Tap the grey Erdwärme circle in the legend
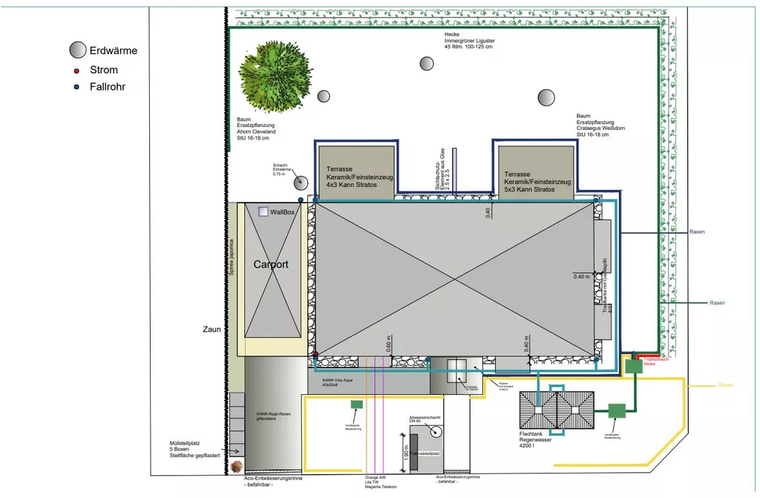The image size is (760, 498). [x=78, y=50]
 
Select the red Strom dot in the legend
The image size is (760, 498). [x=76, y=71]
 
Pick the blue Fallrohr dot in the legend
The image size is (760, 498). [x=76, y=87]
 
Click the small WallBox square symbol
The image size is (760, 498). [x=263, y=212]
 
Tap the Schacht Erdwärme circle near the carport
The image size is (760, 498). [x=301, y=183]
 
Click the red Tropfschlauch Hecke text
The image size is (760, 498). [x=656, y=361]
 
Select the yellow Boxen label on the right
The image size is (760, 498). [x=726, y=385]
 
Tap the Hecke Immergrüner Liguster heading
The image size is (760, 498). [x=470, y=41]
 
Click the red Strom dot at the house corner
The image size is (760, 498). [x=315, y=354]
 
